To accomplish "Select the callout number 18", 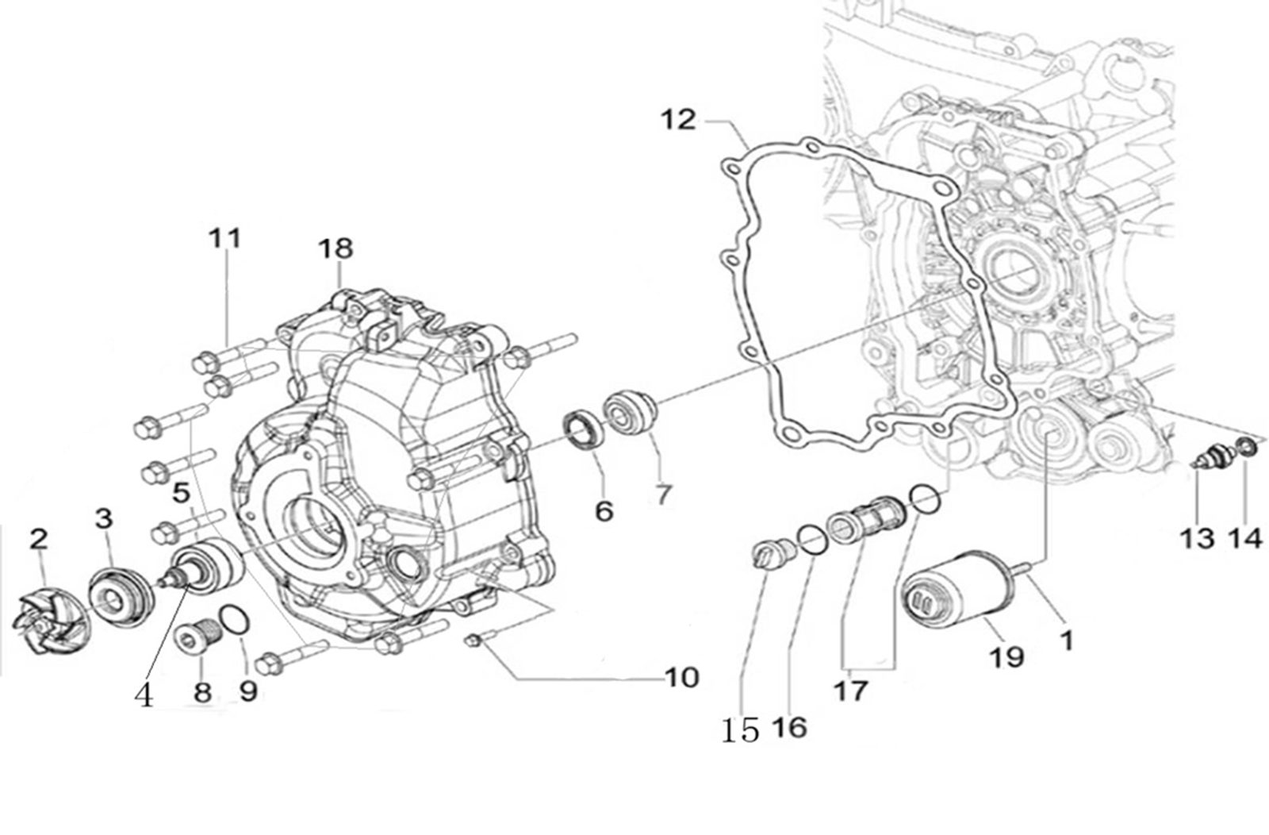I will [335, 248].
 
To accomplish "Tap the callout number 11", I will [224, 238].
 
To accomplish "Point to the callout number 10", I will [682, 677].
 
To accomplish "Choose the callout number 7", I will [661, 494].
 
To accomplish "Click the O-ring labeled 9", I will [235, 621].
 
